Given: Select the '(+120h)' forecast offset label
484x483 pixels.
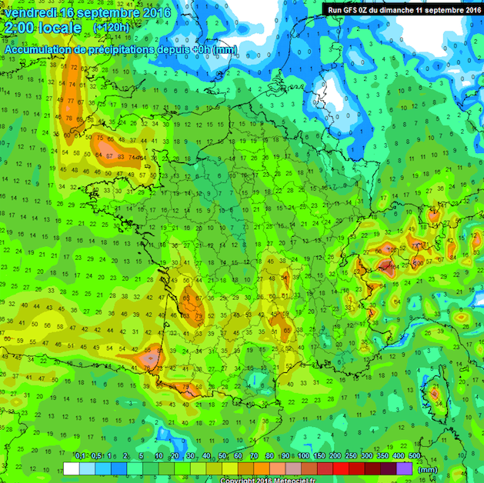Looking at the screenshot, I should coord(112,28).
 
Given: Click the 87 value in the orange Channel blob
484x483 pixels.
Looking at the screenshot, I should coord(111,156).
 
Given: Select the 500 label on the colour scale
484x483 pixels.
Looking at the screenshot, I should coord(415,457).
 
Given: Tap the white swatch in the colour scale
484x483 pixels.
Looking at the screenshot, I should coord(71,468).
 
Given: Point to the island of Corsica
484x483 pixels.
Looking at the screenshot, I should coord(436,394).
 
